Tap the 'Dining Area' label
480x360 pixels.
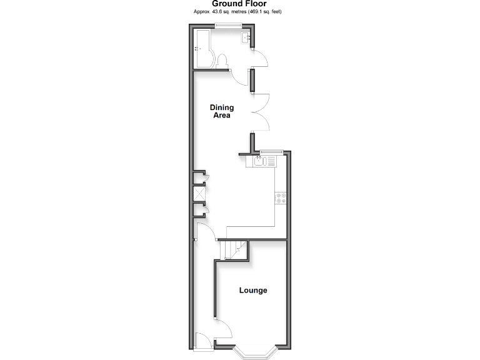click(221, 111)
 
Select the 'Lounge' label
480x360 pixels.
click(253, 291)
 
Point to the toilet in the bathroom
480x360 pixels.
click(221, 61)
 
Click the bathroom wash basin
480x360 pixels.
click(246, 37)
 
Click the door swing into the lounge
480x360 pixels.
click(224, 327)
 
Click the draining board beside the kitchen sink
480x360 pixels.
click(271, 161)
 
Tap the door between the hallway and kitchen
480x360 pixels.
click(204, 233)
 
